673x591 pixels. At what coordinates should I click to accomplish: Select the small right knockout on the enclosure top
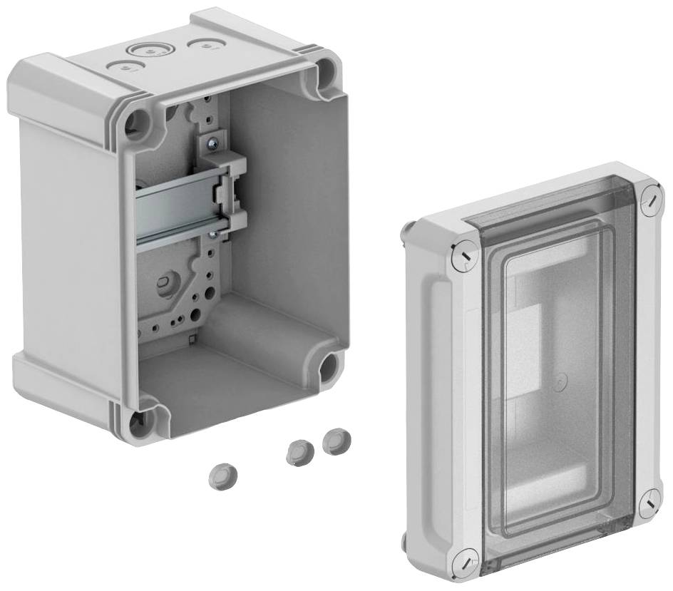[205, 45]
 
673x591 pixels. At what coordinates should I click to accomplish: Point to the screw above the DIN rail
[212, 143]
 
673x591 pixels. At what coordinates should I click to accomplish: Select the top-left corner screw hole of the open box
[138, 123]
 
